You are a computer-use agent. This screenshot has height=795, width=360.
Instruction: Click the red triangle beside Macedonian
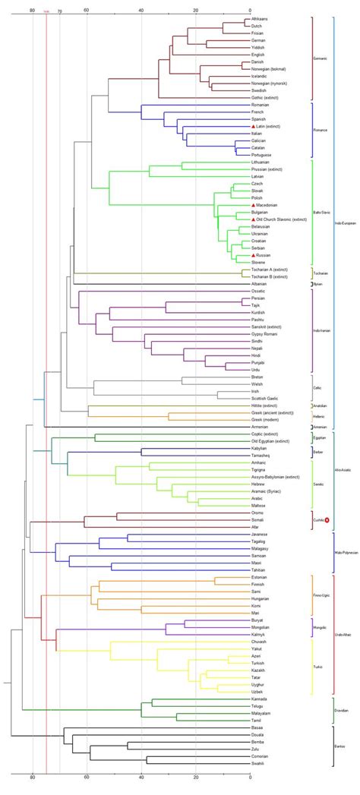pyautogui.click(x=248, y=205)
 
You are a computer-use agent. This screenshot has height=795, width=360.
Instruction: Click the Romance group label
pyautogui.click(x=322, y=130)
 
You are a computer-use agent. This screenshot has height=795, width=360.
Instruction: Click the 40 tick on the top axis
pyautogui.click(x=142, y=11)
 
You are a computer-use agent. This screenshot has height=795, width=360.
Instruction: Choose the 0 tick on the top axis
pyautogui.click(x=250, y=11)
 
